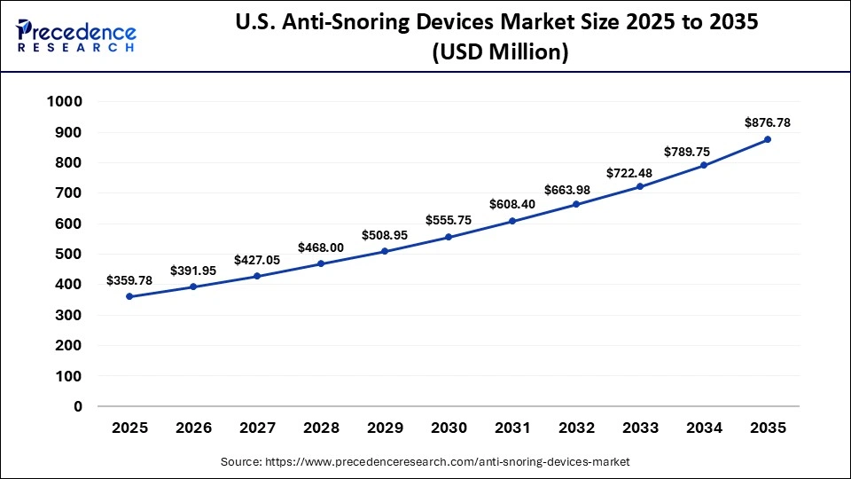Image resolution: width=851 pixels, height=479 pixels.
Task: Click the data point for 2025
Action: [129, 296]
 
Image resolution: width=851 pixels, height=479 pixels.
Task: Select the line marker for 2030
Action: [449, 237]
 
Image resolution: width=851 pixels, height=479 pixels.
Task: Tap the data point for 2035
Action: [768, 139]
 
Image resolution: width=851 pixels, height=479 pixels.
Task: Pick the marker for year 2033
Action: [640, 186]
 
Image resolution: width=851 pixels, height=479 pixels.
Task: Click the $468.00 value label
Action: [321, 247]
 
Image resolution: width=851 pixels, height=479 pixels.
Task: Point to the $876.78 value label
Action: [768, 122]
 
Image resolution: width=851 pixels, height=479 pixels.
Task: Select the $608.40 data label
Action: [512, 203]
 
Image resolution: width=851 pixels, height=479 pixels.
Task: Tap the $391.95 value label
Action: [193, 271]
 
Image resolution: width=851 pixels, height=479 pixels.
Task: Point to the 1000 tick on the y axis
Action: [64, 102]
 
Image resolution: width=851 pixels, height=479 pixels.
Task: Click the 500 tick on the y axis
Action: [69, 255]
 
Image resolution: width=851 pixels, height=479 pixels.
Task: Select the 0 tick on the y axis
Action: [78, 406]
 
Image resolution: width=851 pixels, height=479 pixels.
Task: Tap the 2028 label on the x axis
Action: [321, 428]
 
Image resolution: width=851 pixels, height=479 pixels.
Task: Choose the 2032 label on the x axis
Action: [576, 428]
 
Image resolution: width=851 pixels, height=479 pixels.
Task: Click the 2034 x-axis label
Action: [704, 428]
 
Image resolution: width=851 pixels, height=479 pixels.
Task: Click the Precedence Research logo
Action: [76, 35]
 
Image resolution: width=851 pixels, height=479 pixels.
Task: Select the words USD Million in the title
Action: [500, 52]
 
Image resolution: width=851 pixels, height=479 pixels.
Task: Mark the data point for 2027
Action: [257, 276]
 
